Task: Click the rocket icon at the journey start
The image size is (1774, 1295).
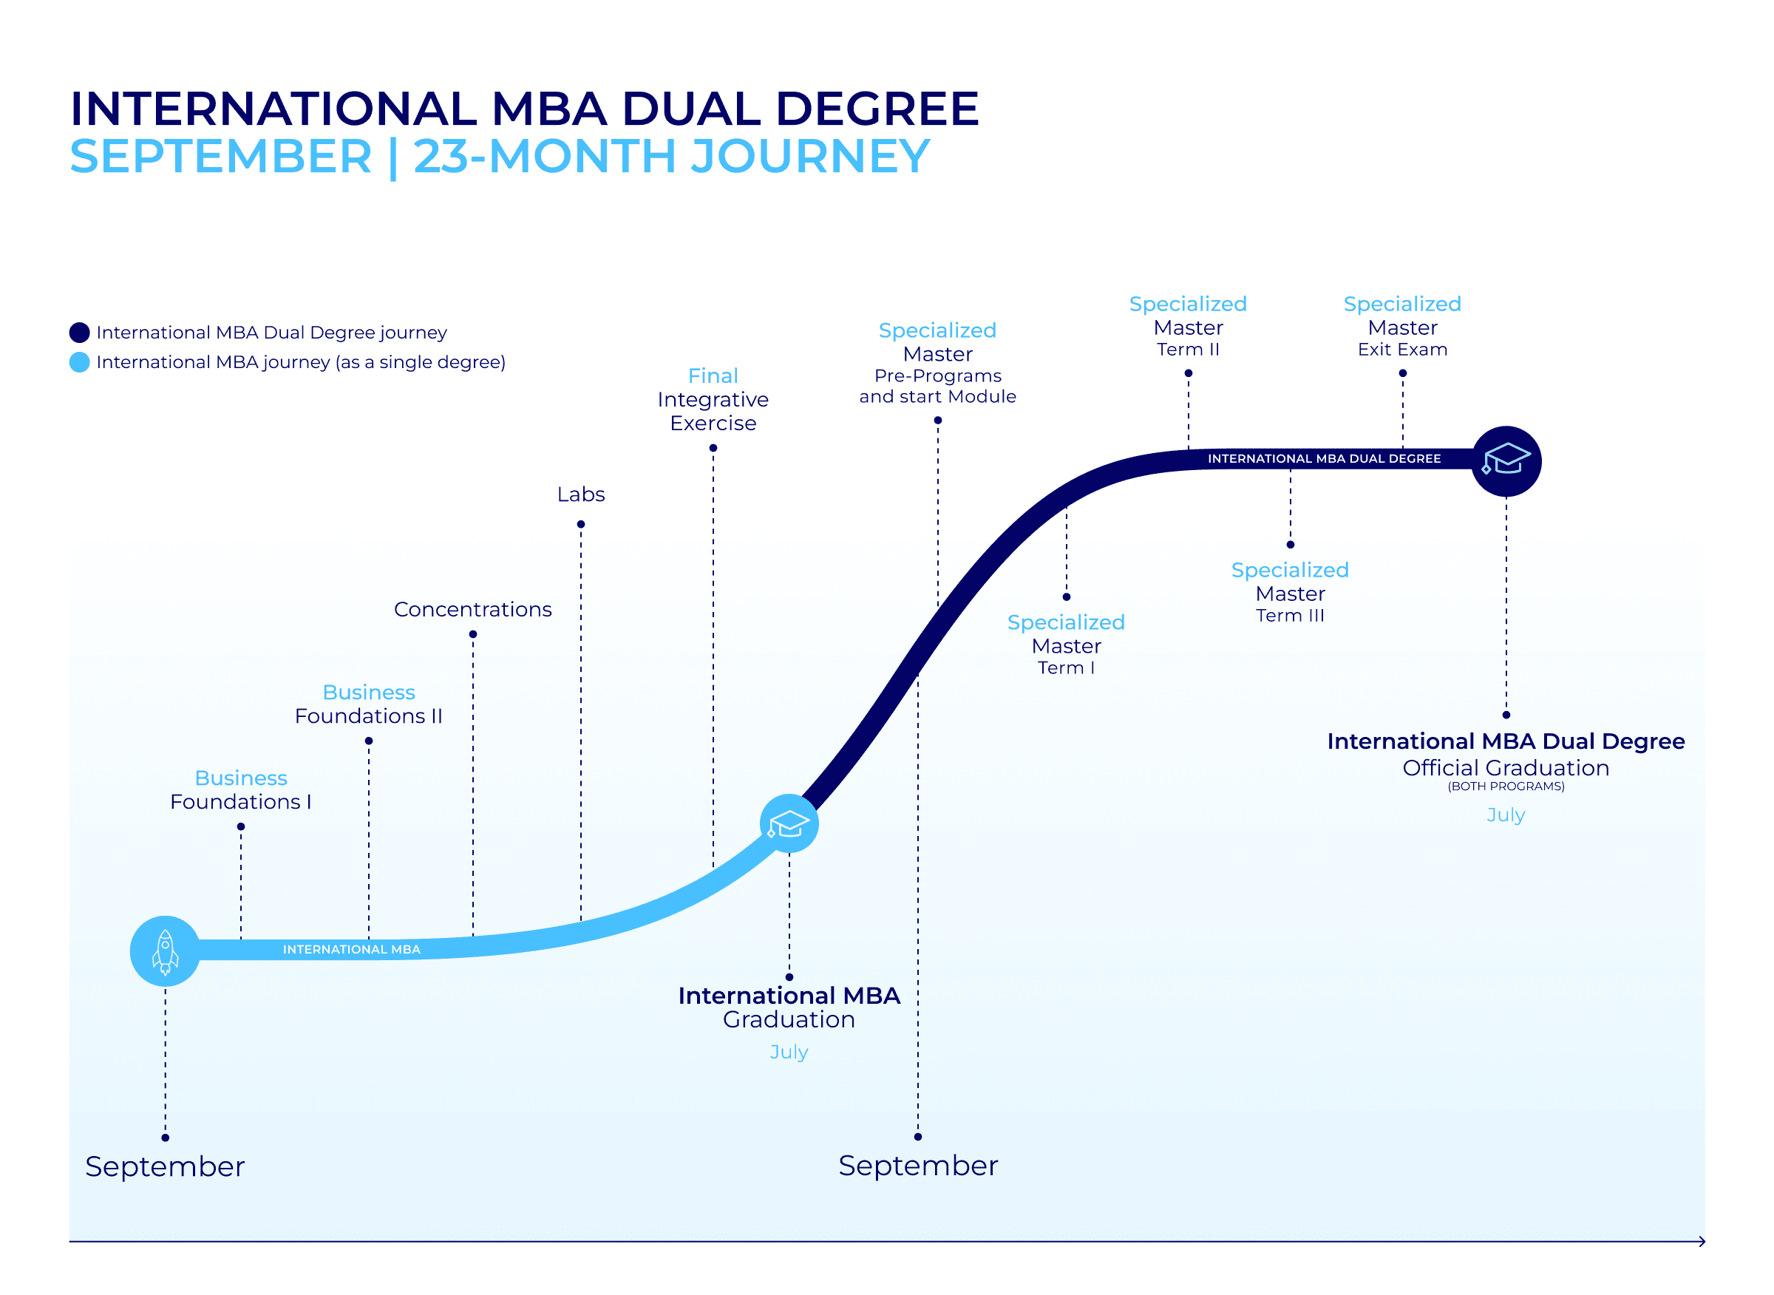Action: pos(166,951)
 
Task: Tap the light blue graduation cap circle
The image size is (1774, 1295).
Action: pos(789,824)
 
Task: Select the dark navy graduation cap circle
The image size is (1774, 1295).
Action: pos(1506,462)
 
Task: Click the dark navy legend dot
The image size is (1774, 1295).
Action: pos(79,333)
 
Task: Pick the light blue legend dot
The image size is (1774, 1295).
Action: pos(79,362)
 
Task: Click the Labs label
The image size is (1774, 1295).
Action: pos(581,494)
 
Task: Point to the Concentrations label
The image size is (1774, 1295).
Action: pos(473,610)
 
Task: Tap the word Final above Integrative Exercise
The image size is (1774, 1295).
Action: pos(713,376)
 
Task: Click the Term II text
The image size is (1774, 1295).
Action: pos(1189,350)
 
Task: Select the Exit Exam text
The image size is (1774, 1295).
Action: pos(1403,350)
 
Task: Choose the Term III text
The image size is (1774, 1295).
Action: pos(1291,616)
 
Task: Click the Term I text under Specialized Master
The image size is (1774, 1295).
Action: pos(1066,669)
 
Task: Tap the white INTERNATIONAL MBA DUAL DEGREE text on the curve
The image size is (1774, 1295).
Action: pos(1325,458)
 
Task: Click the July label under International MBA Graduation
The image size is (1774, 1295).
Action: pos(789,1053)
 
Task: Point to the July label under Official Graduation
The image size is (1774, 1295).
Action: pos(1506,815)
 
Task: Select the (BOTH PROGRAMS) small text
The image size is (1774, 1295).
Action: pos(1506,787)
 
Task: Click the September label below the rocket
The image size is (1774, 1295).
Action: pos(165,1167)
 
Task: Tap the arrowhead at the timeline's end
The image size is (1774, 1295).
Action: pos(1702,1242)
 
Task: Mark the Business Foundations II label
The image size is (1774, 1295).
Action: pos(368,704)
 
